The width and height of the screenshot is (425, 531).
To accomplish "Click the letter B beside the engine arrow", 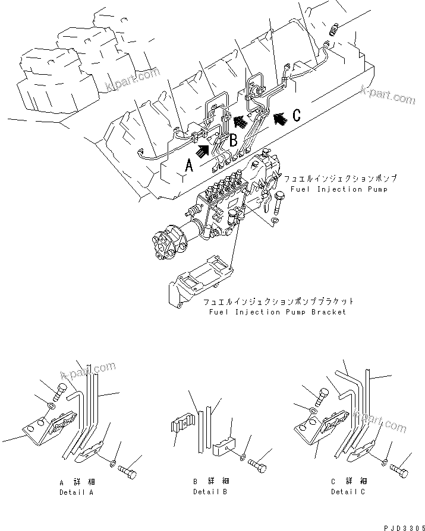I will coord(234,141).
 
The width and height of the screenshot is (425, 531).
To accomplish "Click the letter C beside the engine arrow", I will coord(296,116).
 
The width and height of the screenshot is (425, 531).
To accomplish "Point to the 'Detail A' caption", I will coord(77,492).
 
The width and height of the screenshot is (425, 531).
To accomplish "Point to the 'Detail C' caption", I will coord(349,492).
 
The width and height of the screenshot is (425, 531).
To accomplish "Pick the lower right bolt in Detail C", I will coord(399,470).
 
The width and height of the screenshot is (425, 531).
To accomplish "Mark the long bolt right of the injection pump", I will coord(280,203).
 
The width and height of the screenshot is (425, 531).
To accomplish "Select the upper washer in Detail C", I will coord(313,409).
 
